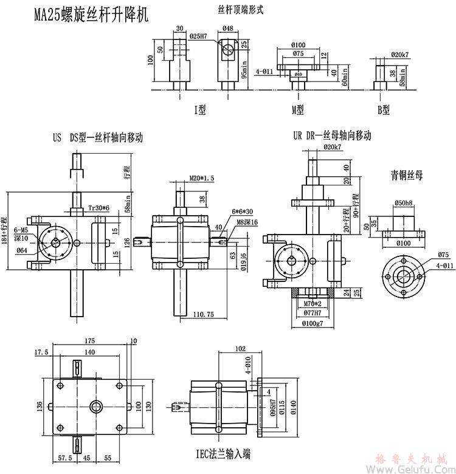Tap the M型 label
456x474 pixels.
[297, 110]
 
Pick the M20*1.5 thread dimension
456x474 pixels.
[198, 177]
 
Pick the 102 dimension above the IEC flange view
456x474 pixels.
[238, 349]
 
